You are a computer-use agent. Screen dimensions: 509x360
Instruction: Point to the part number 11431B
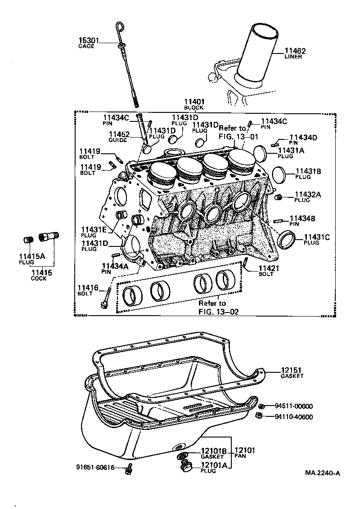click(308, 171)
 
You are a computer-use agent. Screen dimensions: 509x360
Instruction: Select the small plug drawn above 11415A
click(27, 240)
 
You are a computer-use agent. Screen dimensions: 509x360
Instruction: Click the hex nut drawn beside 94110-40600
click(259, 415)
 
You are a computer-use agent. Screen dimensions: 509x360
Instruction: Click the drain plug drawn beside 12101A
click(185, 467)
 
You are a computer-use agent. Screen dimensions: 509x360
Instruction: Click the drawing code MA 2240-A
click(322, 473)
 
